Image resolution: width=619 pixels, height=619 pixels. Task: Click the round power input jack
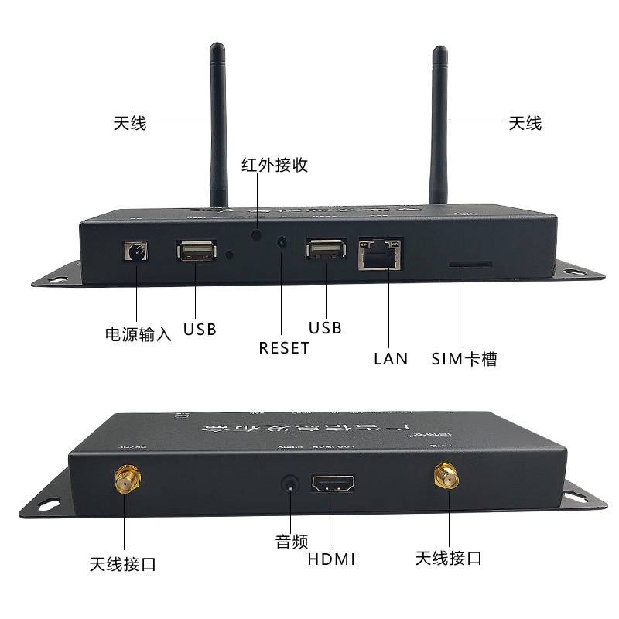point(137,252)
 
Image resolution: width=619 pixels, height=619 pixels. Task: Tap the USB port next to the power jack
point(196,251)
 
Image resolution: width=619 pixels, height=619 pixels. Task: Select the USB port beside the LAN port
point(326,249)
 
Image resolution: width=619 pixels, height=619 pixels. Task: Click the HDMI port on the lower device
point(333,486)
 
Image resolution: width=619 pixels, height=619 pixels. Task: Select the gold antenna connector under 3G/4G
point(125,481)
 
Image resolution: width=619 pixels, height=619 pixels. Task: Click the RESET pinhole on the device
point(282,242)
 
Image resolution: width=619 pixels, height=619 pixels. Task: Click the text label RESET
point(284,348)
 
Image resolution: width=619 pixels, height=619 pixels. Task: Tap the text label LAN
point(391,359)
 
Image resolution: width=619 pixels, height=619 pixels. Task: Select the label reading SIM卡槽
point(463,359)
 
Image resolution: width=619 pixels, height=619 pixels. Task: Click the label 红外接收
point(275,165)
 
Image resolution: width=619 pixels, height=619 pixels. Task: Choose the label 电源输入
point(138,335)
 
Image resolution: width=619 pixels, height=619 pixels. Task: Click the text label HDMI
point(332,559)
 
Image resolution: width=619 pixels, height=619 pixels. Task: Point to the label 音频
point(292,542)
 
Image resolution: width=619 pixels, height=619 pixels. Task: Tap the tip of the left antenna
point(217,49)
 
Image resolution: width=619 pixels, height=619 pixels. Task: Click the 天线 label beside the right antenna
point(525,123)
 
